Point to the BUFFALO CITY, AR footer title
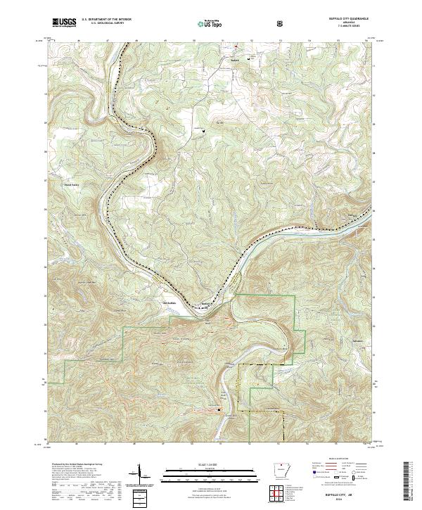pos(350,495)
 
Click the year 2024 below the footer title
pos(350,501)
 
